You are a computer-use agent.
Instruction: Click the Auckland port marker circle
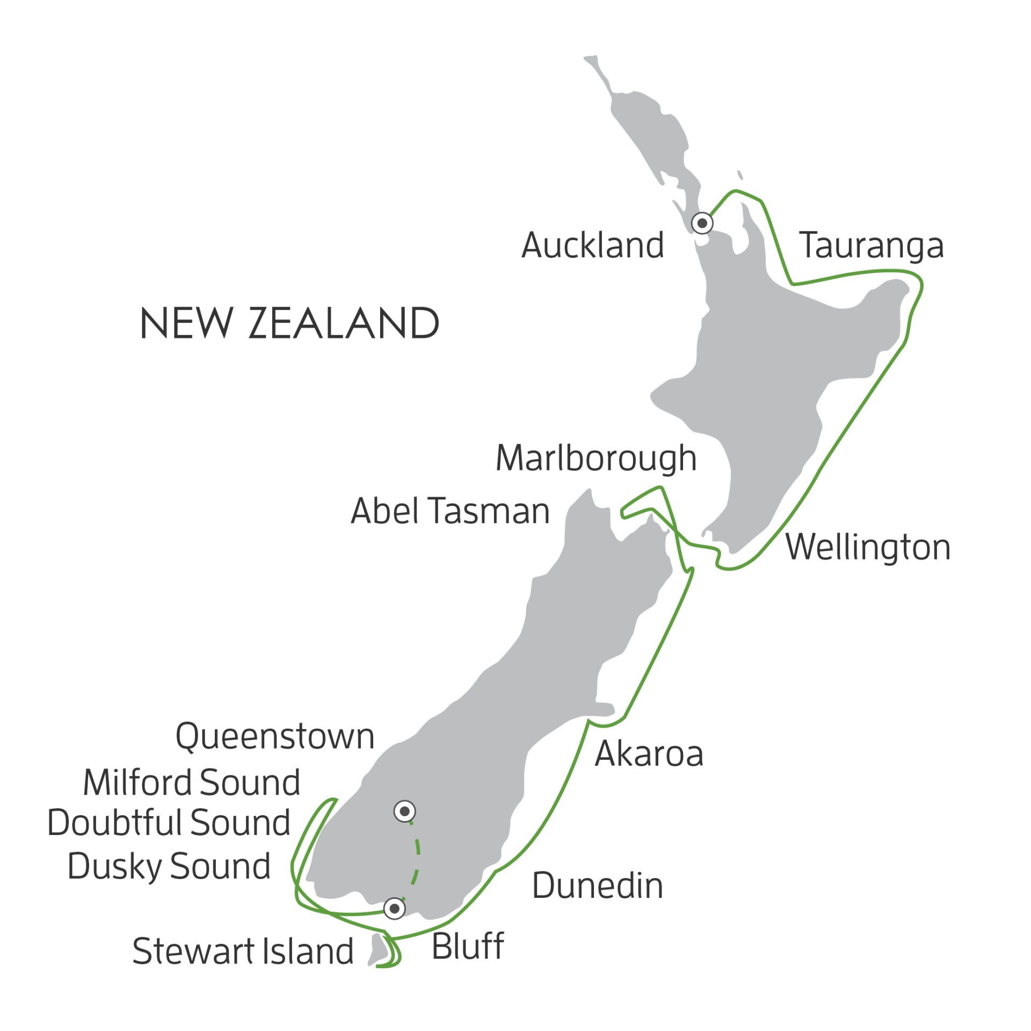click(x=702, y=223)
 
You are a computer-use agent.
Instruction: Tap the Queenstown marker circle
click(x=404, y=811)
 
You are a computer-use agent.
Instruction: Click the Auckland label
click(x=593, y=245)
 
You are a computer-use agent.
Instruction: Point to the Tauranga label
click(x=871, y=246)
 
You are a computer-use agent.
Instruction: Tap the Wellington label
click(x=868, y=548)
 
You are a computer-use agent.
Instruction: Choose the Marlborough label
click(x=596, y=459)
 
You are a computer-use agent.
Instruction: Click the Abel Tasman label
click(x=450, y=511)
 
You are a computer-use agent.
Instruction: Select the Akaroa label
click(x=649, y=754)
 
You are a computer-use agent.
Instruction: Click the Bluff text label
click(x=467, y=946)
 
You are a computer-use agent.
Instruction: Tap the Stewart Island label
click(x=243, y=952)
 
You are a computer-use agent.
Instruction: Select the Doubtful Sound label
click(x=169, y=823)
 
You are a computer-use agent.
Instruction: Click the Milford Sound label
click(x=191, y=782)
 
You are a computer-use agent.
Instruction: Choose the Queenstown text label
click(x=275, y=737)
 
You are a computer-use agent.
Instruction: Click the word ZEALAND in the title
click(x=344, y=324)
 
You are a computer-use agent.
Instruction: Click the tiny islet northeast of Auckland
click(x=740, y=175)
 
